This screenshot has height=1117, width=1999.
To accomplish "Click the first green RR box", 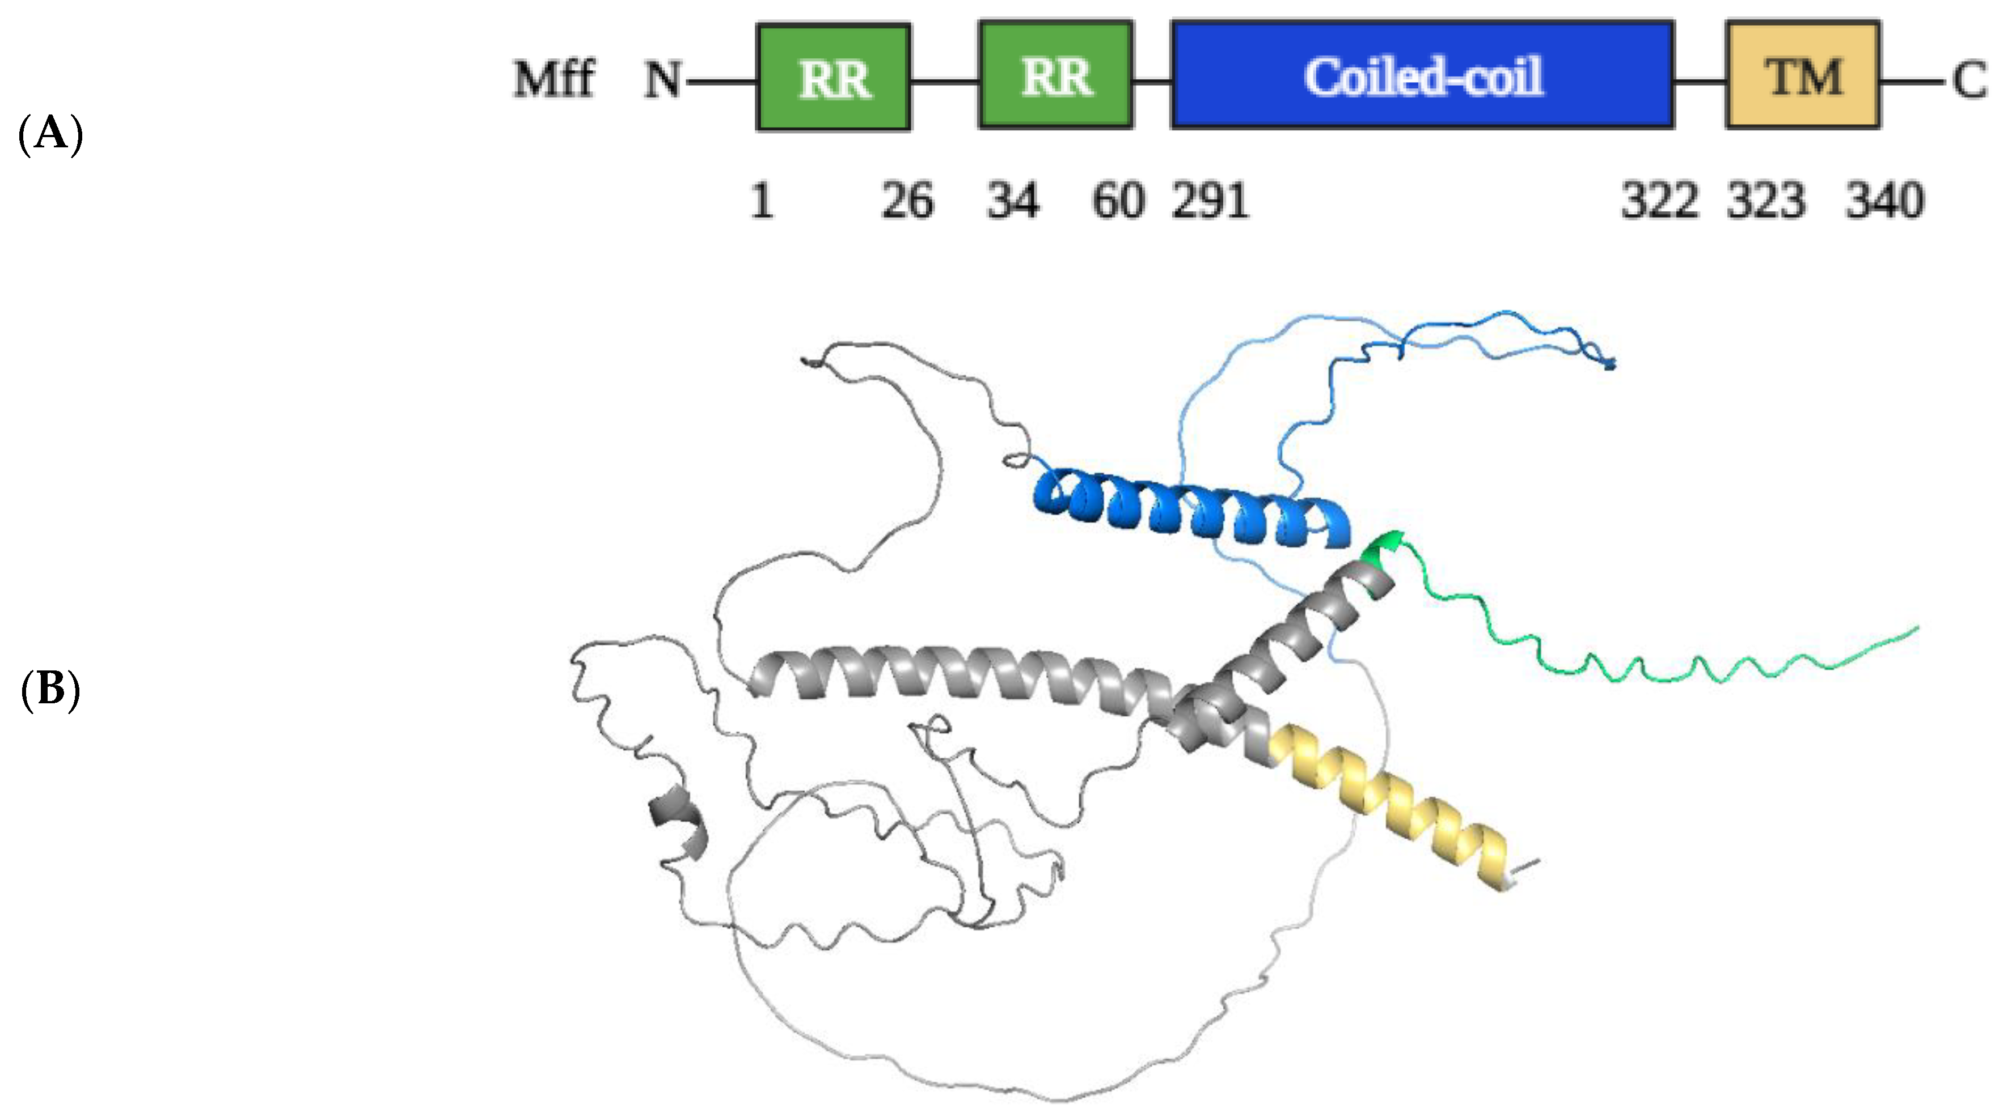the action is pos(834,77).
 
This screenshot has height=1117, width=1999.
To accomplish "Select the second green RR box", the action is pos(1056,75).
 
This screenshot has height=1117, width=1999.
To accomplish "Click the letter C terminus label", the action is pos(1970,80).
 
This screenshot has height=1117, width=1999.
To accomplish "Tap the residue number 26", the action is pos(907,201).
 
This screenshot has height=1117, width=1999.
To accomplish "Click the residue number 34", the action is pos(1013,201).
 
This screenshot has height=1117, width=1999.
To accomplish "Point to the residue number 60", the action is pos(1117,201).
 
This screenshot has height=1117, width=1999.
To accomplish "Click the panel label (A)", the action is pos(50,134).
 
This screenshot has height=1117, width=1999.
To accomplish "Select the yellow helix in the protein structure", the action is pos(1389,807).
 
